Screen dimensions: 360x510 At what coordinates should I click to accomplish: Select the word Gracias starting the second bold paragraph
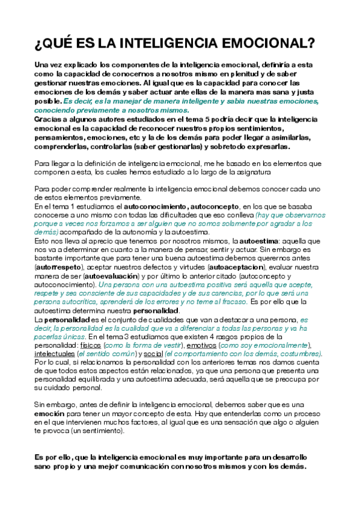point(47,120)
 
